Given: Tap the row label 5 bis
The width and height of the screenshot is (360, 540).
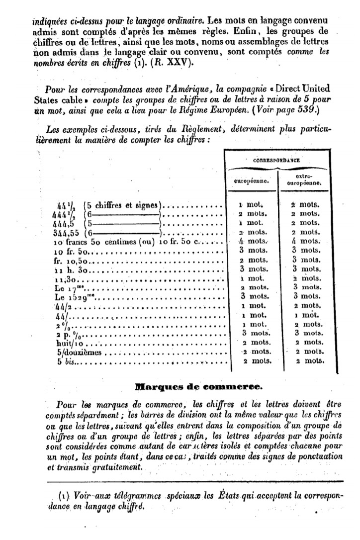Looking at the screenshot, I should [x=67, y=361].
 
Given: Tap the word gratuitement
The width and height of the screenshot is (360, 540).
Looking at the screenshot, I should [x=113, y=467].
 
